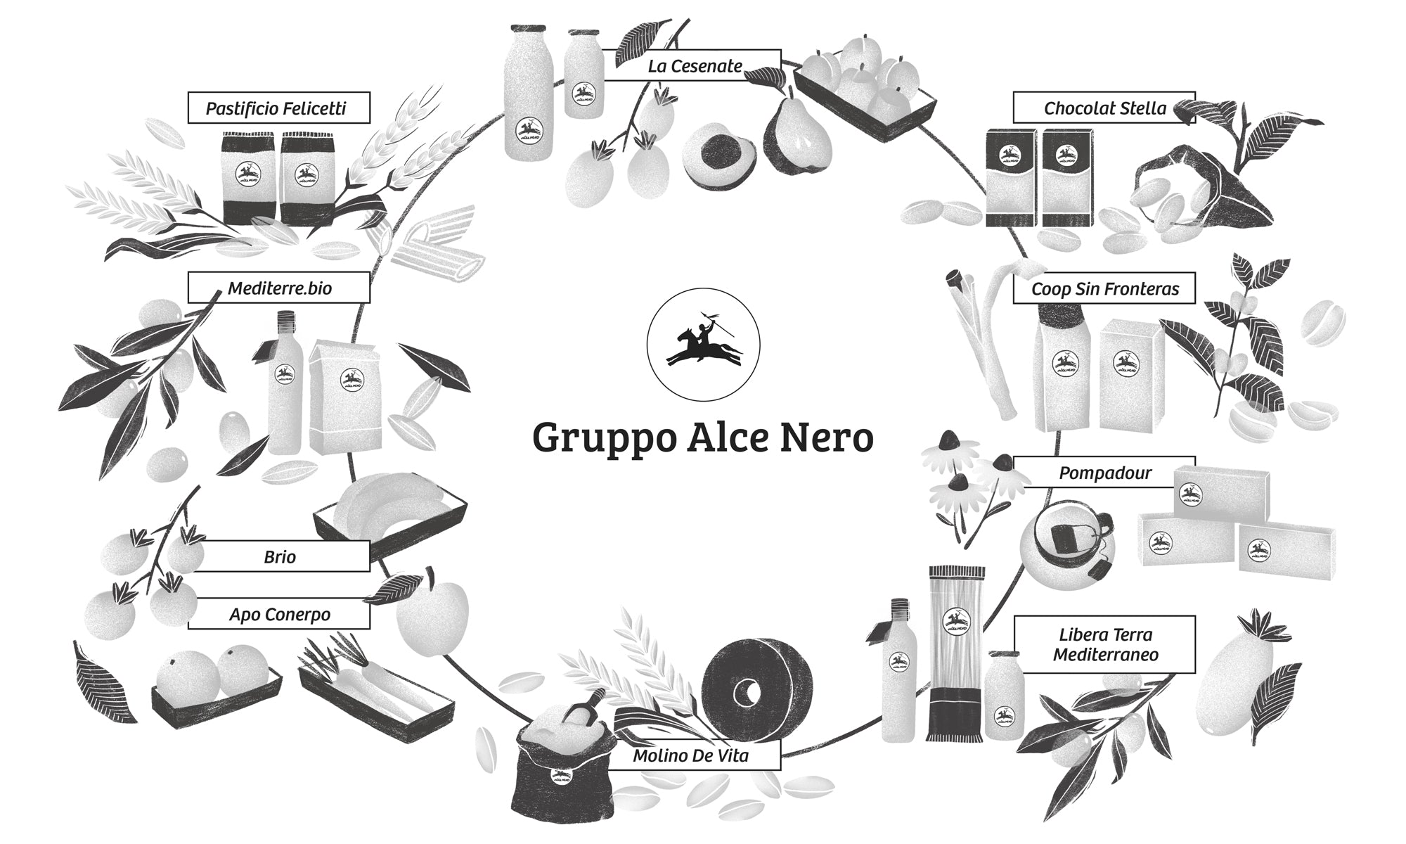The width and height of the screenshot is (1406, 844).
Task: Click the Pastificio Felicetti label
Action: tap(278, 108)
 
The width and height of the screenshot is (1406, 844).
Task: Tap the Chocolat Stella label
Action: tap(1104, 108)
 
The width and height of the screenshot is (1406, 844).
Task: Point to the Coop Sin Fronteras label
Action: tap(1104, 288)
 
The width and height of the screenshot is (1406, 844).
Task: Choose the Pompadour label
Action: tap(1104, 473)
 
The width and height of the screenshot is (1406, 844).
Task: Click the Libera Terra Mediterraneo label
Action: tap(1104, 644)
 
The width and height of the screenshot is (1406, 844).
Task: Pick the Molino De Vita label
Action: tap(690, 756)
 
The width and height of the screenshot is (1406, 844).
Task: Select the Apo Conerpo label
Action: tap(279, 614)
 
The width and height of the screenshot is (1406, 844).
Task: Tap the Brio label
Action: tap(279, 556)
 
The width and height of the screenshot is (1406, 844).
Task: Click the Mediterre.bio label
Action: tap(279, 288)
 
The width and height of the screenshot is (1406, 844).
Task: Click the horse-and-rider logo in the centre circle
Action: tap(703, 345)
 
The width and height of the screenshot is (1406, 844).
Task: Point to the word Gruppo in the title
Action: tap(598, 438)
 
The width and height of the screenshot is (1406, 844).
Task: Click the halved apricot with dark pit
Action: tap(718, 155)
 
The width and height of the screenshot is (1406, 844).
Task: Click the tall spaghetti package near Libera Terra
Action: tap(956, 654)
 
